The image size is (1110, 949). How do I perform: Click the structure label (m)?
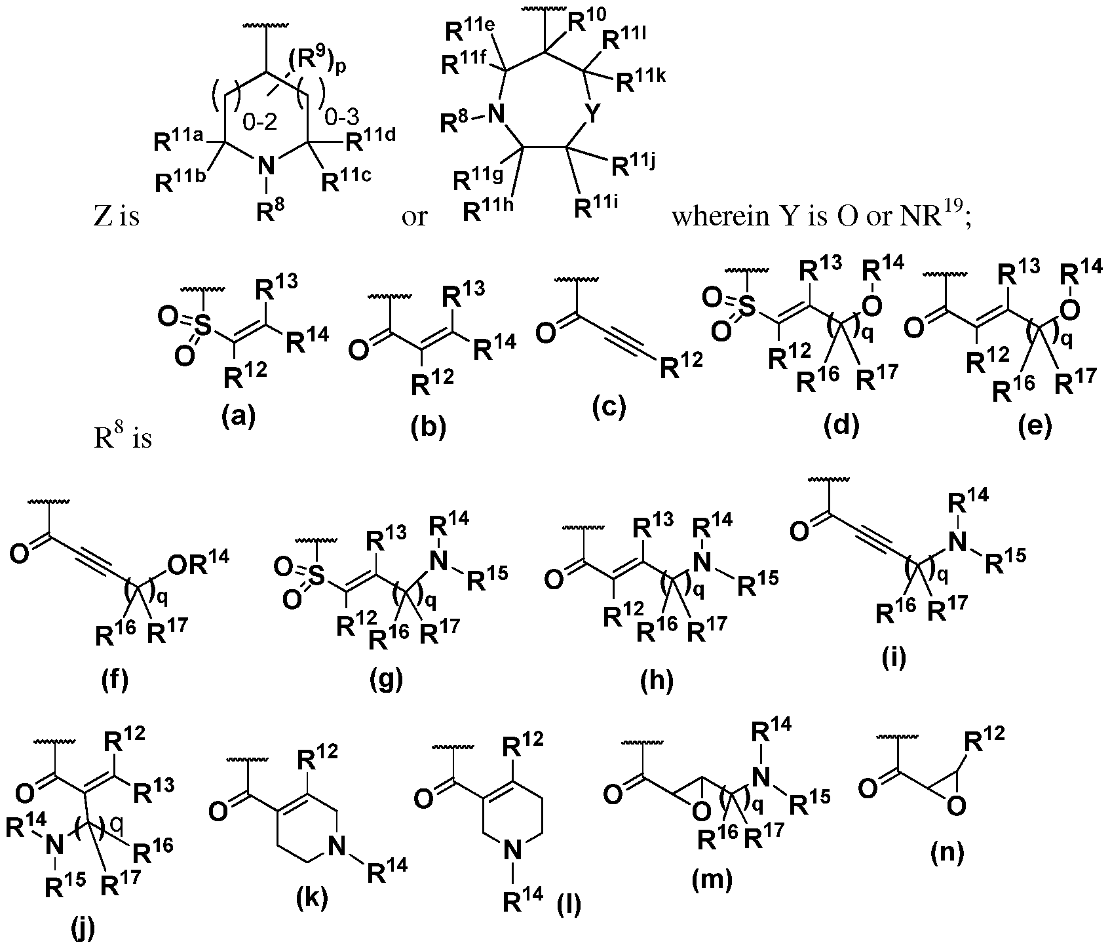pos(712,880)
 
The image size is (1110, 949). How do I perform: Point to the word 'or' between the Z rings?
pos(414,218)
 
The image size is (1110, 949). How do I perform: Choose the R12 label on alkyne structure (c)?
pos(681,366)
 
